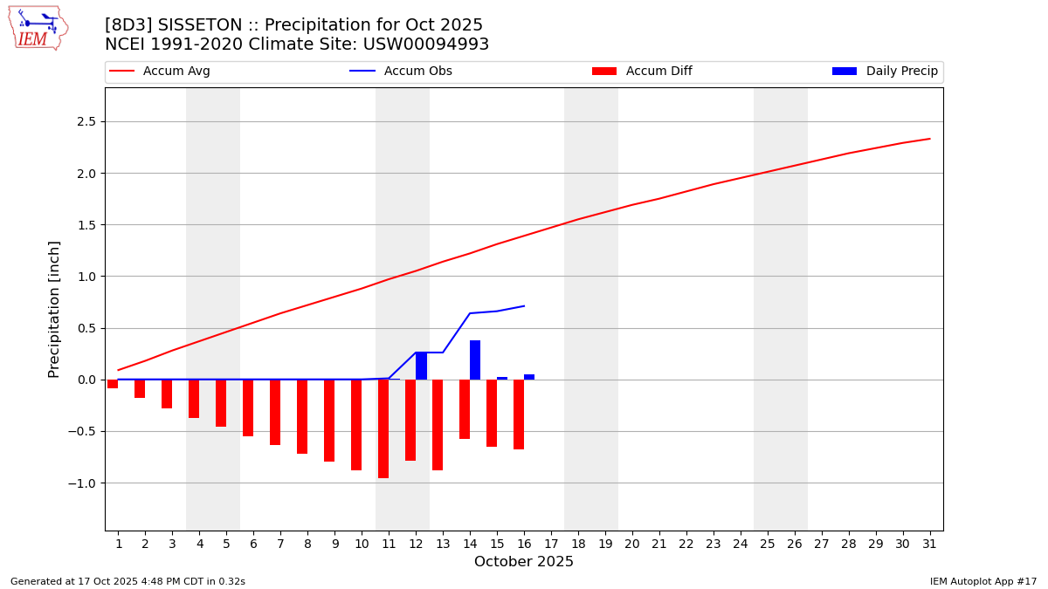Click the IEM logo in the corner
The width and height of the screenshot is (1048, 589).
[38, 28]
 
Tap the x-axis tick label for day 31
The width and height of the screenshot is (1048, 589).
[929, 544]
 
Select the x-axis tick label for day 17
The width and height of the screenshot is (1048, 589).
[551, 544]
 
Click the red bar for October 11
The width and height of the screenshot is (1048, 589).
[383, 428]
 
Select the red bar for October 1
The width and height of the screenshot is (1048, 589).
[113, 384]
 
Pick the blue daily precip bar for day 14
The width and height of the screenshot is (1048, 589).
[475, 360]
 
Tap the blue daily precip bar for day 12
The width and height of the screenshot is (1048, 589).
[421, 366]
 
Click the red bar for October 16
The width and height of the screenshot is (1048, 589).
[519, 414]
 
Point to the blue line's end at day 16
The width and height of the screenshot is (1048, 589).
[524, 306]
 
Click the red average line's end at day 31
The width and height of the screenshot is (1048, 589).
[929, 139]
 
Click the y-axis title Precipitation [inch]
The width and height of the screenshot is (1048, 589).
[54, 309]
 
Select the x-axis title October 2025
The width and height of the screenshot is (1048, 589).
[524, 562]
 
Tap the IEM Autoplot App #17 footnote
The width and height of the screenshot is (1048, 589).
[982, 581]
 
